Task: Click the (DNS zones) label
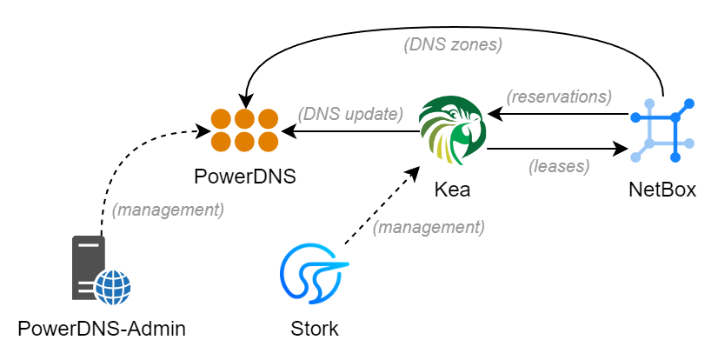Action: [x=453, y=44]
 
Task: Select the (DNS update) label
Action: [x=350, y=114]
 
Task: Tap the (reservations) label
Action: [x=559, y=97]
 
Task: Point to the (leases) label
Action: [x=559, y=166]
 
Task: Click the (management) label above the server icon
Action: [x=168, y=210]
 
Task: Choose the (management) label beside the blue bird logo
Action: [x=429, y=227]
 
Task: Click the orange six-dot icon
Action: [x=244, y=130]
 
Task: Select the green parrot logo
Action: [x=452, y=130]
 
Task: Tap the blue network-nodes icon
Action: [x=662, y=130]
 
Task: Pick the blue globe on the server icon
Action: [x=113, y=287]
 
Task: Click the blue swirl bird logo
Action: [x=313, y=272]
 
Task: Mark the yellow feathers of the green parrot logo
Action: [x=446, y=149]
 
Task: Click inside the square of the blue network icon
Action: [x=662, y=130]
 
